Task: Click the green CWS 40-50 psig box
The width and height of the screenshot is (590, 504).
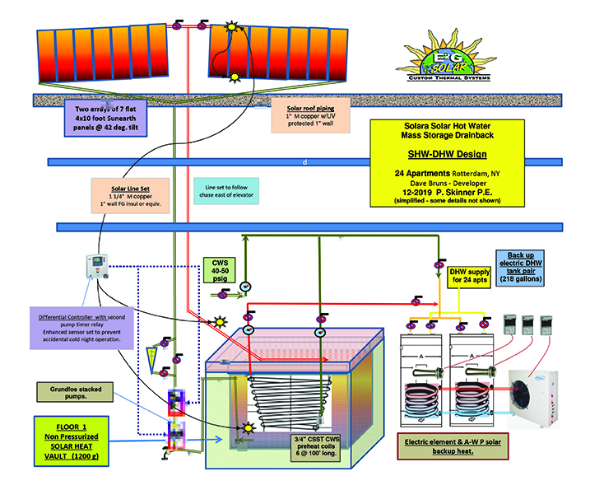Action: click(x=217, y=271)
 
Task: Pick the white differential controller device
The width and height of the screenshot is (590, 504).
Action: click(x=97, y=269)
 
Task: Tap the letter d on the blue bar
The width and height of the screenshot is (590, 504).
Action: click(x=304, y=162)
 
